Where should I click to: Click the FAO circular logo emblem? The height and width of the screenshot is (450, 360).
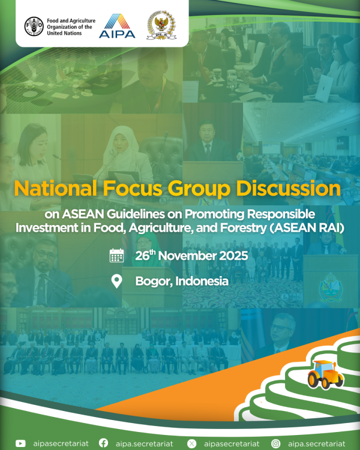point(34,26)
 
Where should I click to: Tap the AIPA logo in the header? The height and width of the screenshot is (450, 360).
point(117,26)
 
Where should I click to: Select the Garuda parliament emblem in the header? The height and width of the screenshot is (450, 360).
point(161,25)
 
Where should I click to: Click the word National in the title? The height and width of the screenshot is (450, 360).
point(55,188)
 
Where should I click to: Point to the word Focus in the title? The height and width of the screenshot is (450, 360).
point(133,188)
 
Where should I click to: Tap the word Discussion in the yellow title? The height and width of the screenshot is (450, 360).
point(288,188)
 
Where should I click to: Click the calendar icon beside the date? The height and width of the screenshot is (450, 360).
point(116,256)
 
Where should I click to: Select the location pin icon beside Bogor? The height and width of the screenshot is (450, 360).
point(116,281)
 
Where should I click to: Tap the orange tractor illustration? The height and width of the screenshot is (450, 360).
point(326,374)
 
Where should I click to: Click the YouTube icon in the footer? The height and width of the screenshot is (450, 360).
point(20,443)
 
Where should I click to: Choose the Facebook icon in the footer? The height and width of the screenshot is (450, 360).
point(104,443)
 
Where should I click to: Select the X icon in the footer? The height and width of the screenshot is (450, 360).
point(191,443)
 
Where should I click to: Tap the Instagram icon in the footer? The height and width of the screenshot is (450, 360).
point(276,443)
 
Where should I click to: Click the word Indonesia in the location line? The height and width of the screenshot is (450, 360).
point(202,281)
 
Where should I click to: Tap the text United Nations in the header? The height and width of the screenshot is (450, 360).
point(64,33)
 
